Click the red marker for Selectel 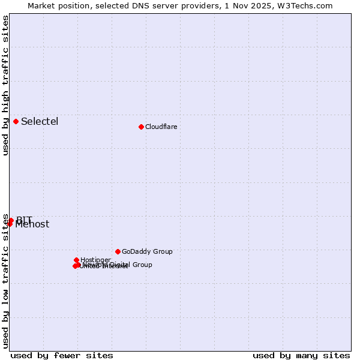pos(16,122)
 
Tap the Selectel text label pos(40,122)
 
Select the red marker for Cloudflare pos(141,127)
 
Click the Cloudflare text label pos(161,127)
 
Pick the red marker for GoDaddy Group pos(118,251)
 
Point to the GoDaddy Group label pos(147,251)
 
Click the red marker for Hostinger pos(76,260)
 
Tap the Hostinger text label pos(95,260)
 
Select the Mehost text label pos(32,225)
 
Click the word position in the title pos(75,5)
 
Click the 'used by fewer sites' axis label pos(62,355)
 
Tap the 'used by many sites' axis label pos(301,355)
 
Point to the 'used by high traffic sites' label pos(5,85)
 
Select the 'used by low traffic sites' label pos(5,281)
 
